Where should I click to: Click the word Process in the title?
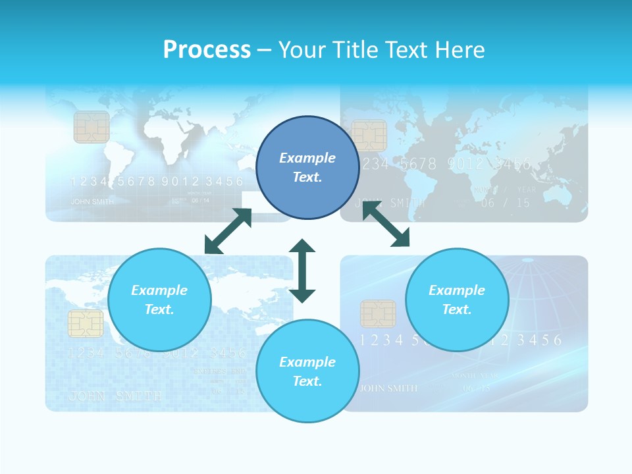[x=207, y=50]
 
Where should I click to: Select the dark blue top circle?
[x=307, y=168]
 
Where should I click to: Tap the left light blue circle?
[x=159, y=300]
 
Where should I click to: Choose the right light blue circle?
[x=457, y=300]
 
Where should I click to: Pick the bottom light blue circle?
[x=307, y=371]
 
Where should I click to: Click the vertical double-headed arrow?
[x=302, y=271]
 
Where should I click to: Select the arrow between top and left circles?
[x=228, y=231]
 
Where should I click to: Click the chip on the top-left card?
[x=92, y=127]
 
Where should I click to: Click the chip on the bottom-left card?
[x=86, y=324]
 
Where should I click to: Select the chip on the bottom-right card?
[x=378, y=314]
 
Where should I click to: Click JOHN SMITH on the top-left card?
[x=92, y=201]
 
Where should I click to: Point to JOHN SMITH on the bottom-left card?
[x=115, y=396]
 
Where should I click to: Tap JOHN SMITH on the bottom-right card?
[x=388, y=388]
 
